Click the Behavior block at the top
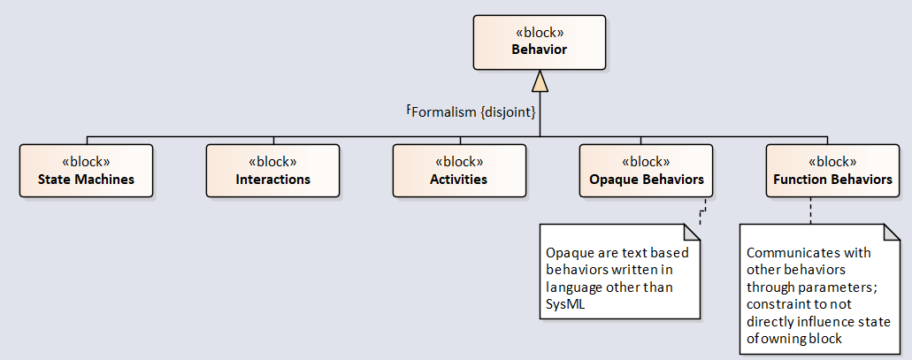(x=540, y=42)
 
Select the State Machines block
(x=86, y=171)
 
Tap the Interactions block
(x=272, y=171)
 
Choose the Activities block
(x=459, y=171)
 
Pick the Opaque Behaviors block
(x=647, y=171)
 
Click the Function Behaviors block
(x=833, y=171)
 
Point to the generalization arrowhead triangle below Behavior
(x=540, y=80)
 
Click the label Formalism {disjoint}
(x=473, y=112)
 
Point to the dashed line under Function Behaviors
(x=811, y=211)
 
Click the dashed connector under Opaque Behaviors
(x=702, y=211)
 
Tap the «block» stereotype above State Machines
(x=86, y=161)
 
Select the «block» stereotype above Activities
(x=459, y=161)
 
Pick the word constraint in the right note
(x=775, y=304)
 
